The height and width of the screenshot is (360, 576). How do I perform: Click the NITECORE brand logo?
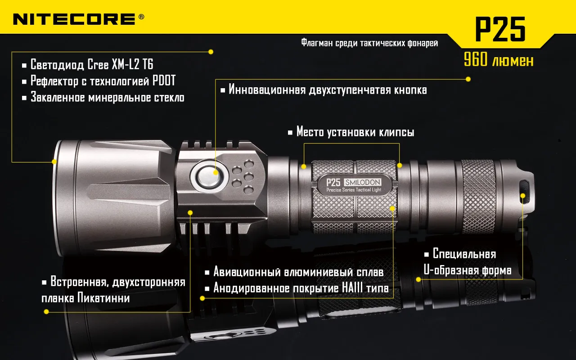[x=74, y=19]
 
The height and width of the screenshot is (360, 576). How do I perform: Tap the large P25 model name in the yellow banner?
[x=500, y=29]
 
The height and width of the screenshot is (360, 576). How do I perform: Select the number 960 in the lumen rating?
[x=476, y=59]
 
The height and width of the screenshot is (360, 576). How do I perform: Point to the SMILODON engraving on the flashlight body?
[x=363, y=182]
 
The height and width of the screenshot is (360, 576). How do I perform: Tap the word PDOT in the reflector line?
[x=164, y=81]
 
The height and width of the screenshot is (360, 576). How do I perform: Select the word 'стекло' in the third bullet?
[x=169, y=98]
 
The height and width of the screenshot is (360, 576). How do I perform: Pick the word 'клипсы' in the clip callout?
[x=397, y=132]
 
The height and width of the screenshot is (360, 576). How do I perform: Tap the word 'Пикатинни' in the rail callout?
[x=103, y=298]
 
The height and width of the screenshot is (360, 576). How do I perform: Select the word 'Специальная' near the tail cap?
[x=464, y=254]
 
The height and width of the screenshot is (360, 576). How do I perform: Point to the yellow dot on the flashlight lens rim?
[x=54, y=162]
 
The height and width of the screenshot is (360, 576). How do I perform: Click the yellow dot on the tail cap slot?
[x=523, y=196]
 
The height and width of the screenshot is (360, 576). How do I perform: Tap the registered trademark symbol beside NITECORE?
[x=141, y=17]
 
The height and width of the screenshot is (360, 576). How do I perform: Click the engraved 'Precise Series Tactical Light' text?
[x=354, y=190]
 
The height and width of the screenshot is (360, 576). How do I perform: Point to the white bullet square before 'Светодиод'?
[x=24, y=66]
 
